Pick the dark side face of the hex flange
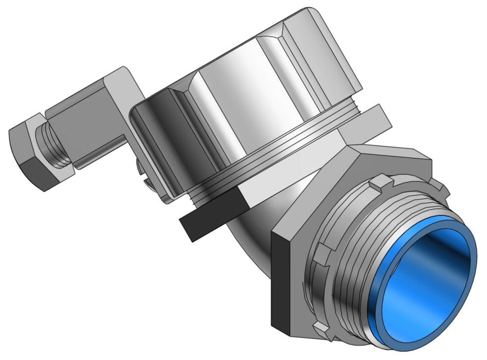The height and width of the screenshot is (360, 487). point(281,278)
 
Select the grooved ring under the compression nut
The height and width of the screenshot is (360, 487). point(273,161)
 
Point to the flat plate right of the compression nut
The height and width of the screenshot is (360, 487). point(375,119)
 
